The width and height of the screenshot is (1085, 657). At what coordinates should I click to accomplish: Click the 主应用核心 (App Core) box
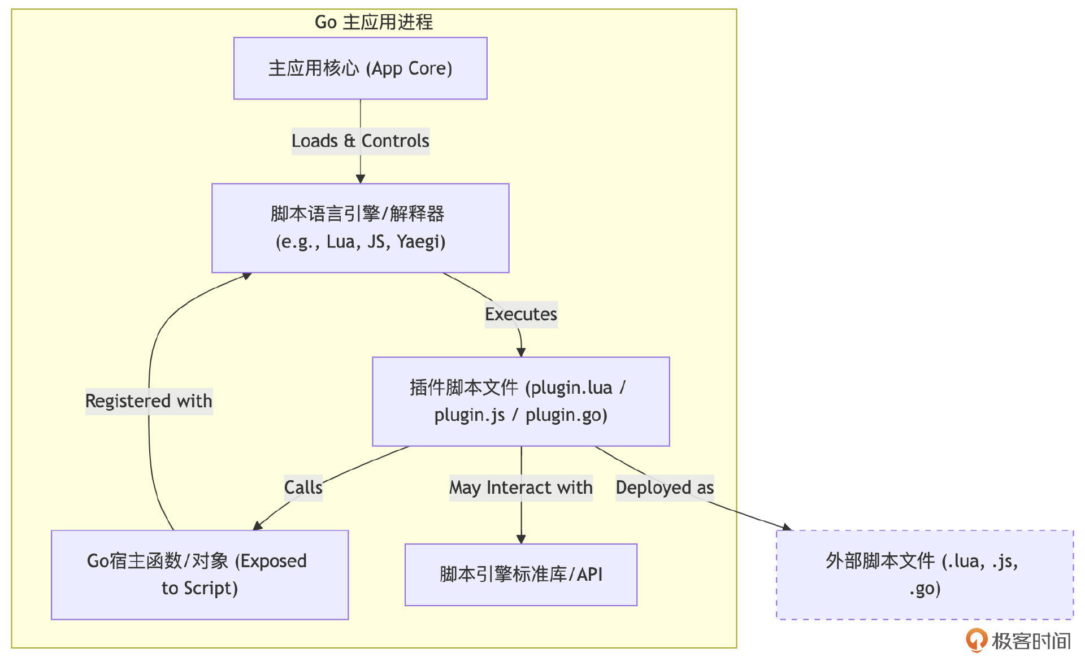pyautogui.click(x=360, y=68)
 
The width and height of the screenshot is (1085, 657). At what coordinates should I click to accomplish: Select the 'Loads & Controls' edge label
pyautogui.click(x=360, y=141)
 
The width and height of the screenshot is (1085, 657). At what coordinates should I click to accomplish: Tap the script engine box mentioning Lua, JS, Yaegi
pyautogui.click(x=360, y=228)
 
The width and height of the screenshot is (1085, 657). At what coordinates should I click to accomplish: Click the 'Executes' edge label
pyautogui.click(x=520, y=314)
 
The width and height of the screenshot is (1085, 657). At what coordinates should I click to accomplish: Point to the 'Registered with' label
pyautogui.click(x=149, y=401)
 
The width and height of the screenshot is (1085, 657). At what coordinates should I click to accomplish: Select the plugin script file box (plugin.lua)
pyautogui.click(x=520, y=401)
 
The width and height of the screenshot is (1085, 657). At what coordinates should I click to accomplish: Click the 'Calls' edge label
pyautogui.click(x=303, y=488)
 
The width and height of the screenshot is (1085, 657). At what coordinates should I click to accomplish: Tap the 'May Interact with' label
pyautogui.click(x=520, y=488)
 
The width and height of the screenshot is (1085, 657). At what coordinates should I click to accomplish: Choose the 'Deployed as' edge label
pyautogui.click(x=665, y=488)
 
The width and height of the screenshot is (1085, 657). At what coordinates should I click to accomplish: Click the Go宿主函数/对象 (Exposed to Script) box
pyautogui.click(x=199, y=575)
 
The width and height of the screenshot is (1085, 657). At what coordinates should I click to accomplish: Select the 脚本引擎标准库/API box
pyautogui.click(x=520, y=575)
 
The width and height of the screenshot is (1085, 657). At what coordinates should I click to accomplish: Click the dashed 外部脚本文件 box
pyautogui.click(x=925, y=575)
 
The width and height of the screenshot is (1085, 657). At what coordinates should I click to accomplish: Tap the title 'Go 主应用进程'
pyautogui.click(x=374, y=22)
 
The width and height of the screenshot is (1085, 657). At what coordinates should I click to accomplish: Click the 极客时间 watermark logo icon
pyautogui.click(x=976, y=640)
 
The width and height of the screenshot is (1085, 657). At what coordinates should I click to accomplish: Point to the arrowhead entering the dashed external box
pyautogui.click(x=785, y=528)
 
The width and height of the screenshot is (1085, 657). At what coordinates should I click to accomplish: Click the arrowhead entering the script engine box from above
pyautogui.click(x=361, y=179)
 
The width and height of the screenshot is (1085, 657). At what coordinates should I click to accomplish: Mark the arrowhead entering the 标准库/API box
pyautogui.click(x=521, y=539)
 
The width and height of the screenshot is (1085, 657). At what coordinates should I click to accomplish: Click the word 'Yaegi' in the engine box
pyautogui.click(x=421, y=242)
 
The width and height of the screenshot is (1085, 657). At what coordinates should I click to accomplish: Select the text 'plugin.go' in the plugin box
pyautogui.click(x=566, y=415)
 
